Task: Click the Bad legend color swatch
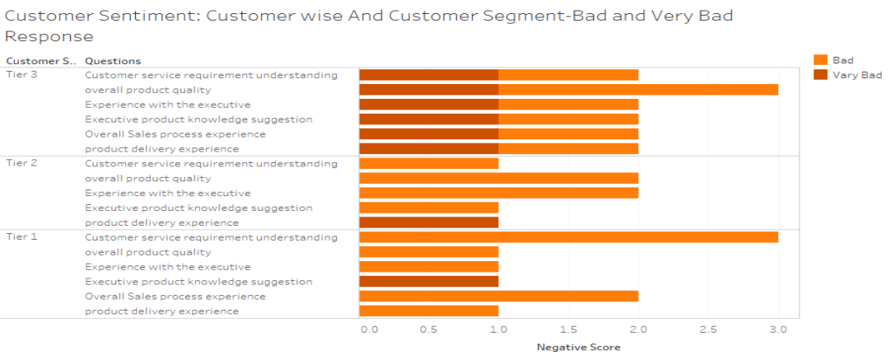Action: click(x=820, y=60)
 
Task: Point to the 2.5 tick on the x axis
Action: click(x=708, y=330)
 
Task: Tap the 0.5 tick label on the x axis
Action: click(x=428, y=330)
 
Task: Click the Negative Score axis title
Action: click(x=578, y=347)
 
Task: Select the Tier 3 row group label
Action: click(x=21, y=75)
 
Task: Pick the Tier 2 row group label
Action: click(x=21, y=163)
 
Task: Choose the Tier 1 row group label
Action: click(x=21, y=237)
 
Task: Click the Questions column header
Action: click(x=113, y=61)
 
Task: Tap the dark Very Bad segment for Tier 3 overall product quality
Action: click(x=428, y=90)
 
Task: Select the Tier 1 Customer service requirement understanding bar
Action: click(x=568, y=237)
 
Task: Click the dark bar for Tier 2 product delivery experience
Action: click(x=428, y=222)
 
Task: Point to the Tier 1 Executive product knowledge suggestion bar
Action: click(x=428, y=282)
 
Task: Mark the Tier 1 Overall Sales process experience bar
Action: click(x=498, y=297)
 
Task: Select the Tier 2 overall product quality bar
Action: click(x=498, y=178)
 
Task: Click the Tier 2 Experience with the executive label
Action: click(x=168, y=193)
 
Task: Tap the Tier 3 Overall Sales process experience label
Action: click(x=175, y=134)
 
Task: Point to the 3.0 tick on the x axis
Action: click(x=777, y=330)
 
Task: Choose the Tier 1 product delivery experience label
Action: click(x=162, y=311)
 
